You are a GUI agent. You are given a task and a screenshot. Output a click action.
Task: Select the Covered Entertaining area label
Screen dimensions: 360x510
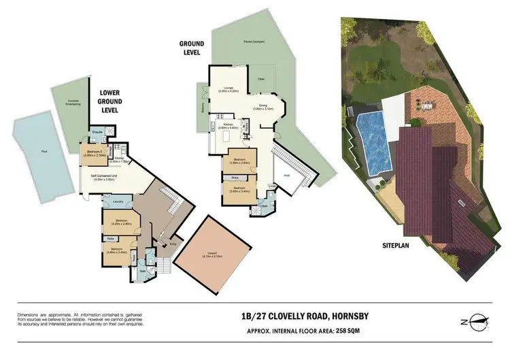[x=73, y=103]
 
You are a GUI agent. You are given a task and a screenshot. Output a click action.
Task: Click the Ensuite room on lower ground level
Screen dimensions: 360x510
[x=97, y=132]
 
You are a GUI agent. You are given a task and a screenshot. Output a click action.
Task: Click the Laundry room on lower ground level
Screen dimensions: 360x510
[x=116, y=201]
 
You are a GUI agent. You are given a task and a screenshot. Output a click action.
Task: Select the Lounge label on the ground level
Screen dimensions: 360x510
[x=226, y=88]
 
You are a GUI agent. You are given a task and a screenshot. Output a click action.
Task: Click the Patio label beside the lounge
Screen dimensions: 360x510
[x=262, y=80]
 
